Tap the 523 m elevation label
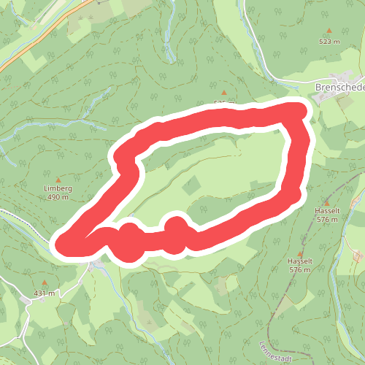329,42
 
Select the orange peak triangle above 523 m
329,31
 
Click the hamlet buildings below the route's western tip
96,264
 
